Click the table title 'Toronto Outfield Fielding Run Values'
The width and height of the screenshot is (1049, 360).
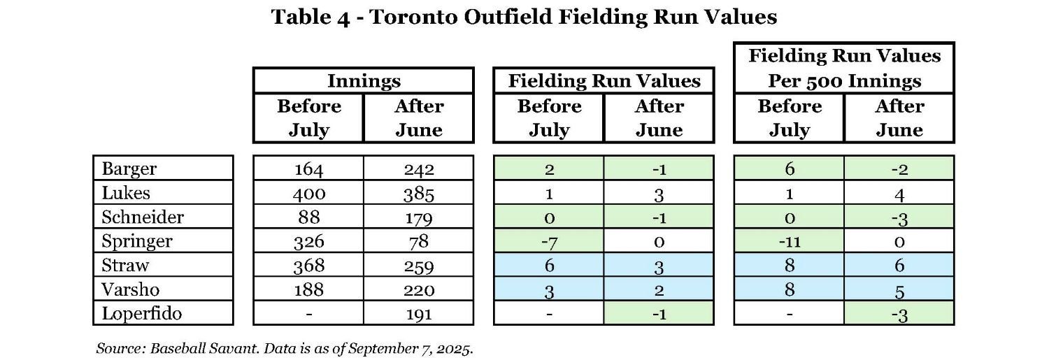tap(524, 17)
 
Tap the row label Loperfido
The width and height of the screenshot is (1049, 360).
tap(142, 313)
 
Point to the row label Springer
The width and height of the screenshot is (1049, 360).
tap(137, 241)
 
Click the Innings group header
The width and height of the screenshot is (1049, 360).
tap(364, 81)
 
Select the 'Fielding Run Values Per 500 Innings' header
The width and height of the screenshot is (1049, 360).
tap(844, 68)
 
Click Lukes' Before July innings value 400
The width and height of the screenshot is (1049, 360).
tap(308, 193)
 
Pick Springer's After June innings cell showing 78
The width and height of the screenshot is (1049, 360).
tap(419, 242)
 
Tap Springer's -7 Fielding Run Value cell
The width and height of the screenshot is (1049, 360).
tap(548, 242)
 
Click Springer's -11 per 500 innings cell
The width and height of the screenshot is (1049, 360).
tap(789, 242)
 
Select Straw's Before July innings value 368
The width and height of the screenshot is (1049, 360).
tap(308, 266)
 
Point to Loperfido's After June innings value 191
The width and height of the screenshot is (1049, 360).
tap(419, 314)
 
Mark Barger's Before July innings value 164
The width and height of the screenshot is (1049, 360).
tap(308, 169)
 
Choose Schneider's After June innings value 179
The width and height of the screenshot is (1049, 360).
tap(419, 217)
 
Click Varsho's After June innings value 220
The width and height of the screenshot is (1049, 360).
tap(419, 290)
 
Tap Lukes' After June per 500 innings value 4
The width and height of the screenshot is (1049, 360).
tap(899, 194)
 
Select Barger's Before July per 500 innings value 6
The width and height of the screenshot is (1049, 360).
tap(789, 169)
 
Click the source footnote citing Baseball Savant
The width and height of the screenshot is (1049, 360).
tap(284, 347)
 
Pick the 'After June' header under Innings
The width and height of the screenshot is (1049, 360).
tap(419, 118)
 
